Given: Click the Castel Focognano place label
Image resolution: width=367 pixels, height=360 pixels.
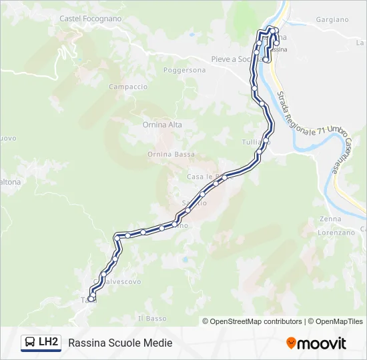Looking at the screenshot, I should pyautogui.click(x=91, y=19).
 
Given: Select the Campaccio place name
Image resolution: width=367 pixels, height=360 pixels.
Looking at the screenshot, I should pyautogui.click(x=128, y=87).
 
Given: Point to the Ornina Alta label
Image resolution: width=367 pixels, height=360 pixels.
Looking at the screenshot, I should pyautogui.click(x=162, y=125).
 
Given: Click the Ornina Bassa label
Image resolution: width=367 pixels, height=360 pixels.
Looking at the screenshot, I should pyautogui.click(x=171, y=154).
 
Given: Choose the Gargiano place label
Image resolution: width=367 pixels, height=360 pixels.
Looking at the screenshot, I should pyautogui.click(x=332, y=20).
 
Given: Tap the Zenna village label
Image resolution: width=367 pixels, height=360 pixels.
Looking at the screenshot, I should pyautogui.click(x=330, y=219).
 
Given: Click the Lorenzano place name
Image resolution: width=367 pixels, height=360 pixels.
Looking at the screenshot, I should pyautogui.click(x=336, y=233).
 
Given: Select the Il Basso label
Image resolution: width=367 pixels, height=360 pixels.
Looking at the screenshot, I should pyautogui.click(x=152, y=319).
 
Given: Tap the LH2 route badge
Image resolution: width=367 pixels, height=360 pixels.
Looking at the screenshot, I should pyautogui.click(x=49, y=343).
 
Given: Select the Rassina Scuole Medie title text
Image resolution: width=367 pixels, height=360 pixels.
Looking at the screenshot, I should pyautogui.click(x=120, y=343).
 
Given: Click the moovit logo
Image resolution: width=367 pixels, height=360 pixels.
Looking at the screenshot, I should pyautogui.click(x=316, y=343).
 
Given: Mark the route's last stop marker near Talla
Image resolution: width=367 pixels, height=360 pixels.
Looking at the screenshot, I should pyautogui.click(x=91, y=297).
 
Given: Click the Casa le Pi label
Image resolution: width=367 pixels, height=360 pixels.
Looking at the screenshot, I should pyautogui.click(x=202, y=177).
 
